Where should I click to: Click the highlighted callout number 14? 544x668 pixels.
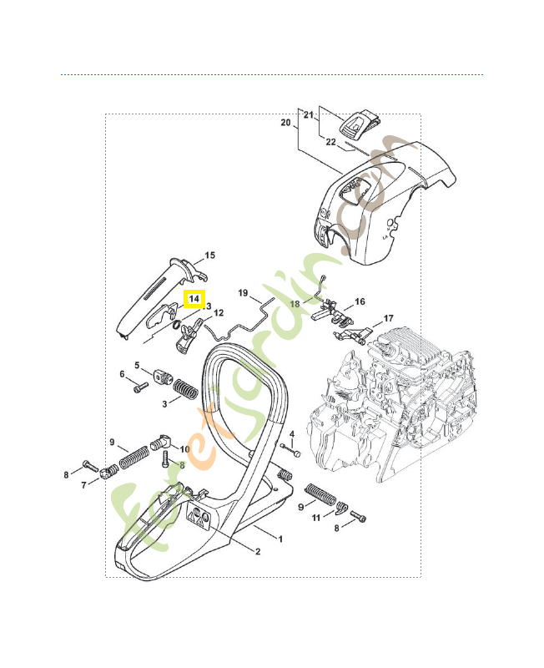[194, 299]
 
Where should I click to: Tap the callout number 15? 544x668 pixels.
[209, 255]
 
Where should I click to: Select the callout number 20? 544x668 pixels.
[285, 123]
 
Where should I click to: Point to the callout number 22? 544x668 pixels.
[330, 142]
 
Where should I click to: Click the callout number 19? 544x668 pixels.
[244, 293]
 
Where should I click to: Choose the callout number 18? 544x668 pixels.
[295, 305]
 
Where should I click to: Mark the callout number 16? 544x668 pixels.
[360, 302]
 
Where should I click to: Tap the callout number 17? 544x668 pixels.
[388, 319]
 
